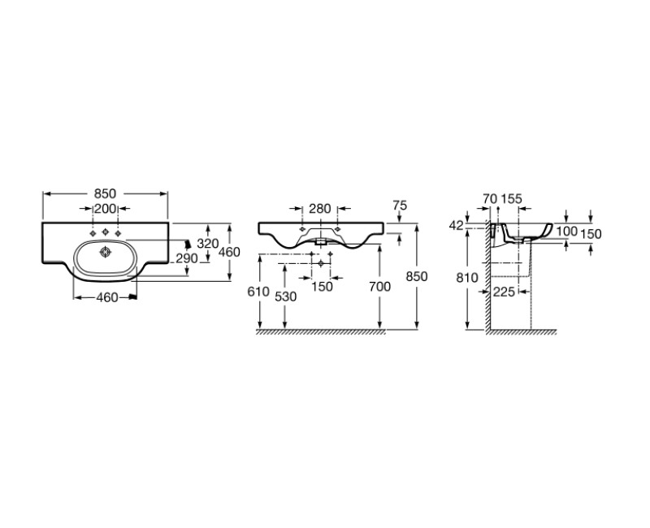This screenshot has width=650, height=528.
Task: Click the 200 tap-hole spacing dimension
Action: click(105, 209)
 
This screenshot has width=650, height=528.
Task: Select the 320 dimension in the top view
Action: click(208, 244)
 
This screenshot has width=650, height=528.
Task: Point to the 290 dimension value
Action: click(187, 258)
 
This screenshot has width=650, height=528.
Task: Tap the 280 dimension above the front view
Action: click(319, 209)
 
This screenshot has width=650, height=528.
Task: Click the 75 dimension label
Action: click(399, 206)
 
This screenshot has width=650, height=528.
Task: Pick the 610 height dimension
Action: click(258, 292)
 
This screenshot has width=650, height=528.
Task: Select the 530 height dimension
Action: click(286, 296)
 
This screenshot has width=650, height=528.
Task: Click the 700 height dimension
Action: click(379, 287)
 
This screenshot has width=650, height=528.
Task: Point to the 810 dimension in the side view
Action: click(467, 278)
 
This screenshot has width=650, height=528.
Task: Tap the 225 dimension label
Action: click(504, 292)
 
